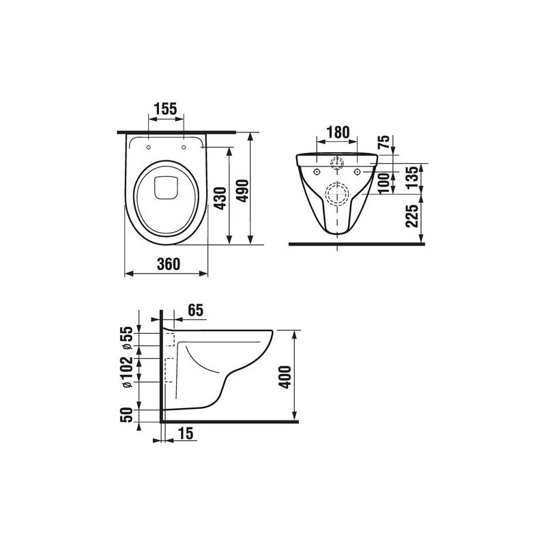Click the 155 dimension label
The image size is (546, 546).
pyautogui.click(x=165, y=108)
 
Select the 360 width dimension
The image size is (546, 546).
pyautogui.click(x=167, y=264)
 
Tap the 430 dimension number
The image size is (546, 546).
pyautogui.click(x=219, y=198)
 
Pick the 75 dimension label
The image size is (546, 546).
pyautogui.click(x=384, y=142)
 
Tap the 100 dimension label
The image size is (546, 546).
pyautogui.click(x=384, y=182)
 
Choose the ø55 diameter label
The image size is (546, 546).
pyautogui.click(x=126, y=339)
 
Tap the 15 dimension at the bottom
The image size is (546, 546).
pyautogui.click(x=185, y=433)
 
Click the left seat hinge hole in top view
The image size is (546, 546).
pyautogui.click(x=148, y=145)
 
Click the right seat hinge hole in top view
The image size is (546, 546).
pyautogui.click(x=184, y=145)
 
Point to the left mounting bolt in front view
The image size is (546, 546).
pyautogui.click(x=318, y=171)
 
